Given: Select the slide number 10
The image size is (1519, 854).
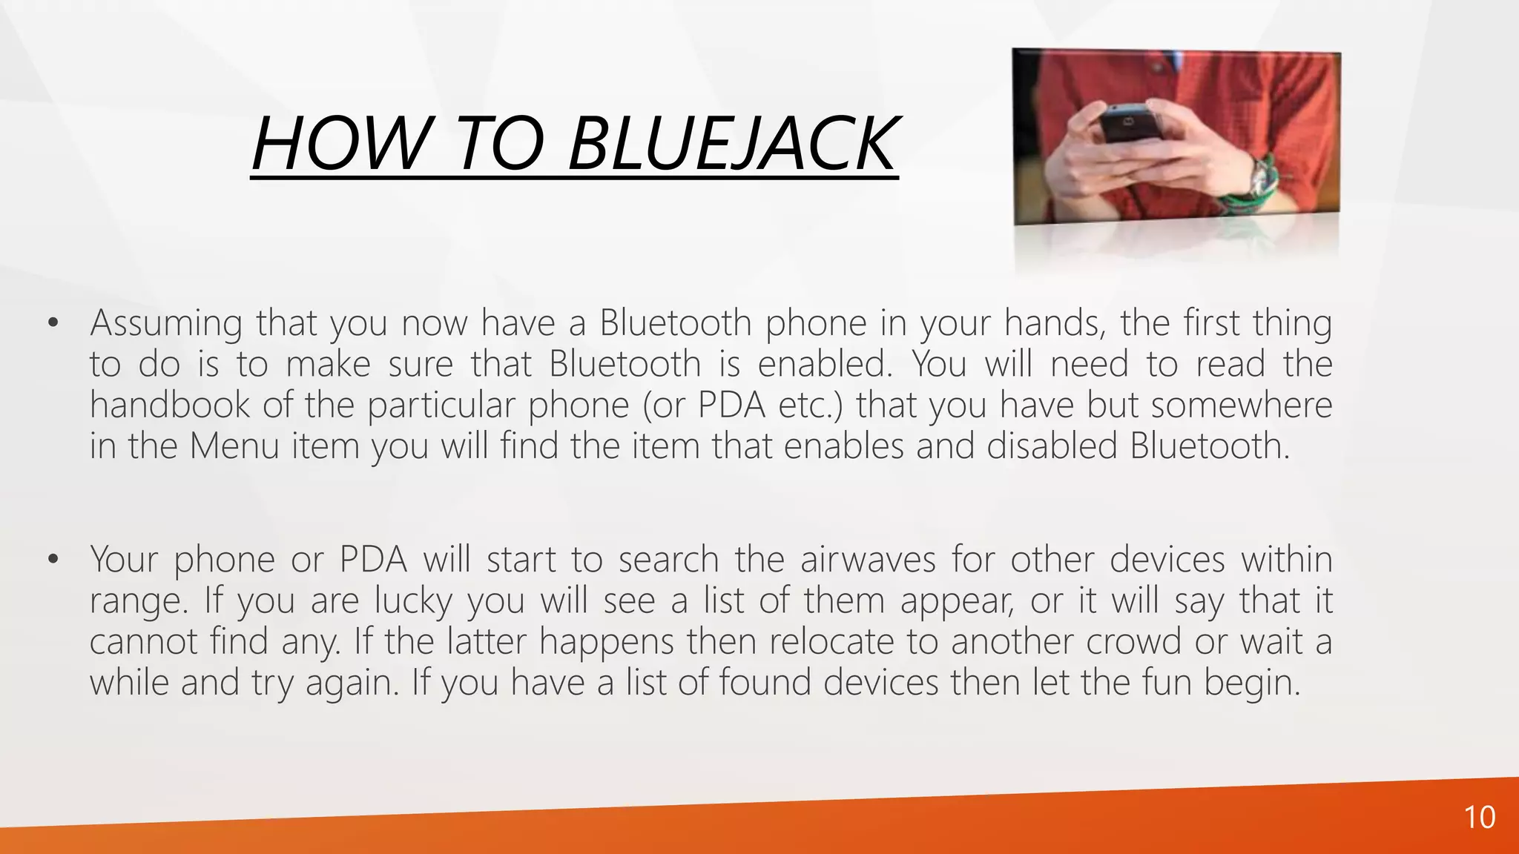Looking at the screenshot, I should (x=1479, y=818).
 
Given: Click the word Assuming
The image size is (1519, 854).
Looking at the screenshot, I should (x=166, y=323).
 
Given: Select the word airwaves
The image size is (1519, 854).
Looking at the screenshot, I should (x=868, y=559).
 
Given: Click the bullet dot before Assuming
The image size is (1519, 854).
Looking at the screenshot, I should (x=52, y=323).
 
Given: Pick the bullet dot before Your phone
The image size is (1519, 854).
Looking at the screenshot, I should (x=52, y=560).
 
